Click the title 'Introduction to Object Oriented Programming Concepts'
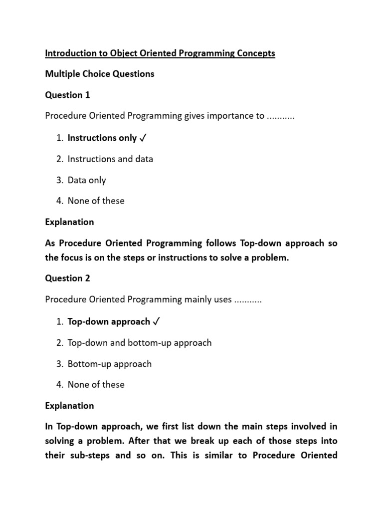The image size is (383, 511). (160, 53)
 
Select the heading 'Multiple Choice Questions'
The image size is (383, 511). (100, 74)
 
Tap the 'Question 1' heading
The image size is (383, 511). (67, 95)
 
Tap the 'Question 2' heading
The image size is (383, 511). (67, 278)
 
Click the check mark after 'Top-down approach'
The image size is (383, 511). (157, 322)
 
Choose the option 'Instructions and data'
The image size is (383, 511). (110, 159)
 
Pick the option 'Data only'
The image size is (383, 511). (87, 180)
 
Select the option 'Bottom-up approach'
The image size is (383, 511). (109, 364)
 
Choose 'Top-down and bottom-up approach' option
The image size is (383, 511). (140, 343)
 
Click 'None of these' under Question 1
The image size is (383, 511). (96, 201)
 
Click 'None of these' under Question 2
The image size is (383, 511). (96, 385)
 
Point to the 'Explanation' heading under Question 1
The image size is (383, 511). (69, 222)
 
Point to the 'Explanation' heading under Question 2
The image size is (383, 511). (69, 406)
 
